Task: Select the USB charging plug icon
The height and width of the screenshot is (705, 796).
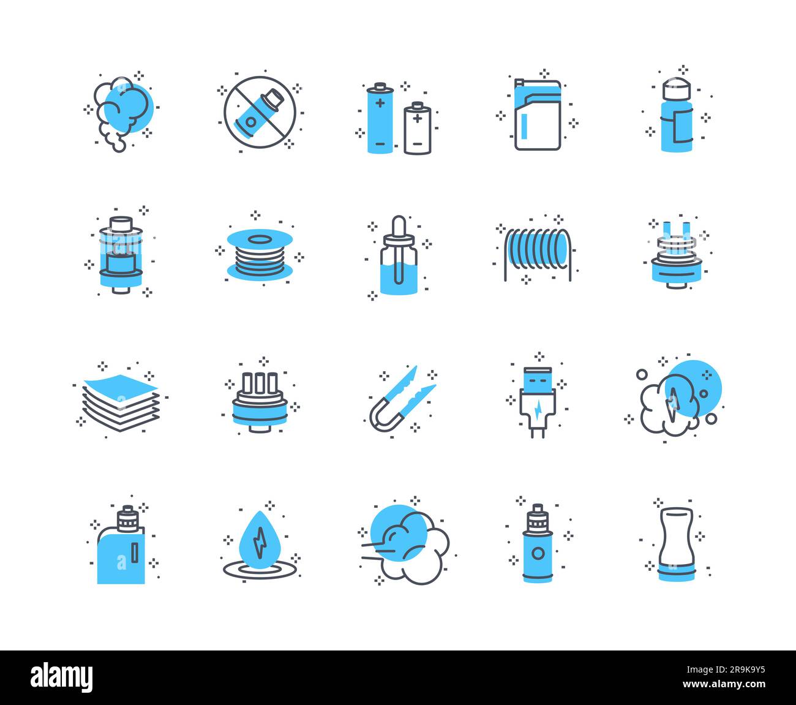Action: [x=537, y=398]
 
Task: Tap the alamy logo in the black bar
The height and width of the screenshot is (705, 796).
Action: [x=62, y=677]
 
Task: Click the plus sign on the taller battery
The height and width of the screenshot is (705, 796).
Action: [x=380, y=102]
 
